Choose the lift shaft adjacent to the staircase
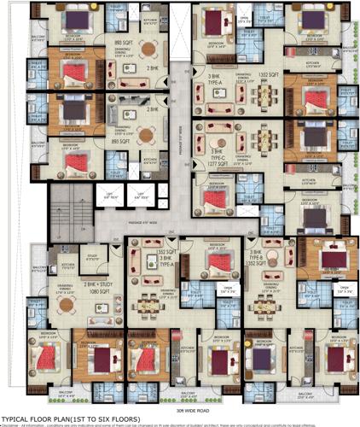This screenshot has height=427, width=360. tap(109, 196)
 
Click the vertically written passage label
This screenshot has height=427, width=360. tap(181, 137)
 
